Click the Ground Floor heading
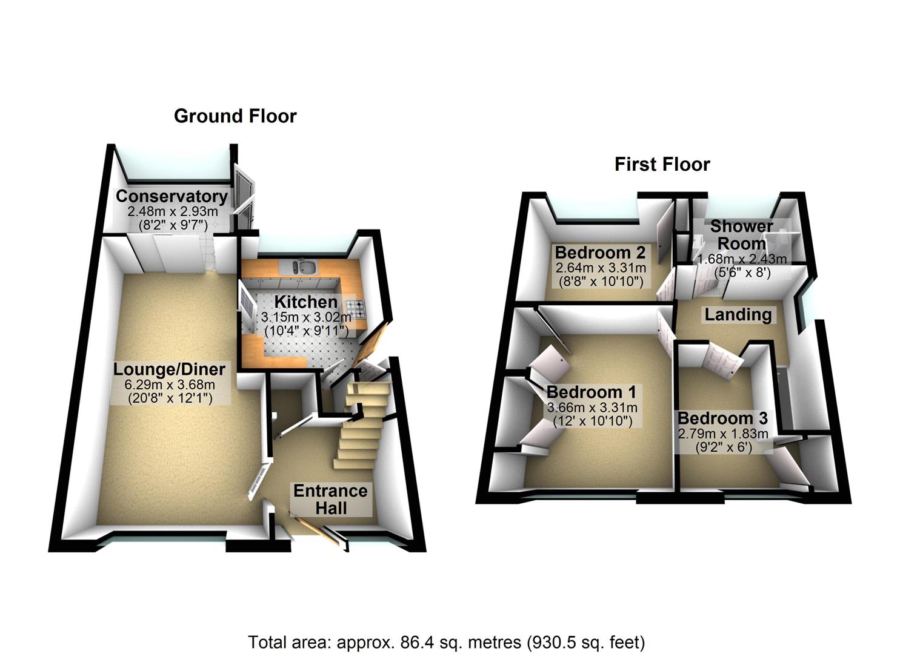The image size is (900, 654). click(235, 116)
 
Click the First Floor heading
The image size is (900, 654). click(662, 164)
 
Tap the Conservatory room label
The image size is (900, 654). click(172, 196)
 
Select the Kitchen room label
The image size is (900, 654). click(306, 302)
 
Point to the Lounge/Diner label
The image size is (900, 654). click(170, 369)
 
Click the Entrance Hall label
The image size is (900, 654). click(330, 499)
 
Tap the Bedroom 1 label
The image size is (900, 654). click(592, 392)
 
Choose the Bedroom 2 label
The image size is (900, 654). click(600, 252)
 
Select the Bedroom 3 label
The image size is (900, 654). click(722, 418)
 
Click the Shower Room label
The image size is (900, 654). click(742, 234)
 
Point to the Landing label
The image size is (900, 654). click(738, 314)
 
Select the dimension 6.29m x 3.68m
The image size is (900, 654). click(170, 385)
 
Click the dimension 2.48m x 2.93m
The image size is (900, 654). click(172, 211)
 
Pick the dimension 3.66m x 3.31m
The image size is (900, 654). click(592, 408)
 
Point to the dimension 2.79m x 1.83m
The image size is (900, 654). click(722, 434)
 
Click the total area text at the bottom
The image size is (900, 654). click(447, 642)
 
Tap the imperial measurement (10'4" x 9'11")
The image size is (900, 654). click(306, 331)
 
